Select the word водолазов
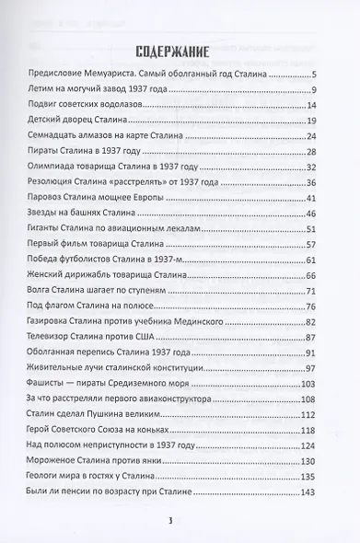111,106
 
